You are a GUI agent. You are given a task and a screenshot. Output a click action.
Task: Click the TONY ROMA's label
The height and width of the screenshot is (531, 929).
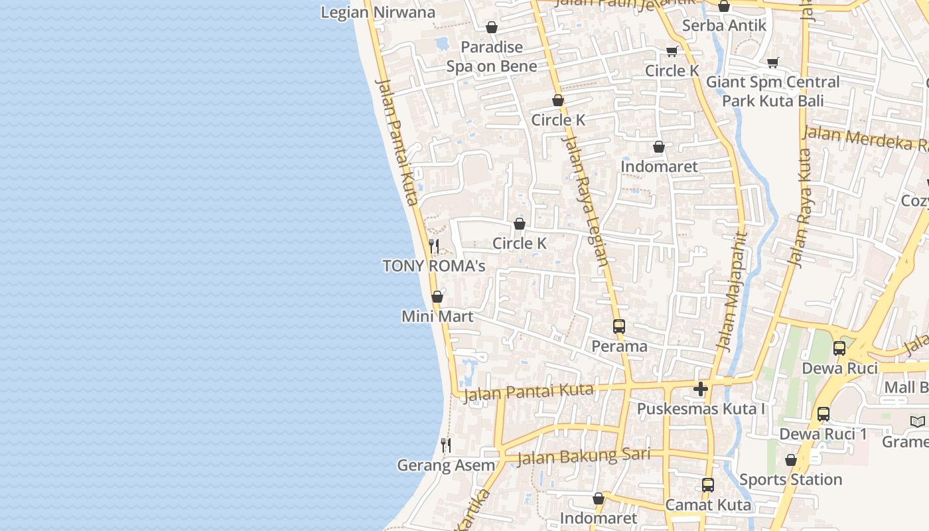(x=434, y=266)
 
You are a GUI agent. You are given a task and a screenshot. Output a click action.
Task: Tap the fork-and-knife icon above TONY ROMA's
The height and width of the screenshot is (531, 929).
(x=434, y=246)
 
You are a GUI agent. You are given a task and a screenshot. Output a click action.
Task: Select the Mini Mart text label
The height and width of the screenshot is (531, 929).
(x=437, y=317)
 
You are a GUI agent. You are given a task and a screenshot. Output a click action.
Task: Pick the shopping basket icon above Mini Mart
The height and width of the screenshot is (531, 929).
(x=437, y=297)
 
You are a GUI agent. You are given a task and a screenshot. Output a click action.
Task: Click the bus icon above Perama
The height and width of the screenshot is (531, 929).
(x=619, y=326)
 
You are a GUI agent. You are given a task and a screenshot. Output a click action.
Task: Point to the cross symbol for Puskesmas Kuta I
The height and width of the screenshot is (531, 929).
(x=701, y=389)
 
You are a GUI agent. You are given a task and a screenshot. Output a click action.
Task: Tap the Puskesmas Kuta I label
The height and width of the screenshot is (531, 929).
(x=701, y=409)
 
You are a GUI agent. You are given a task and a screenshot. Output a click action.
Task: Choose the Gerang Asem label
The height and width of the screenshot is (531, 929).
(x=446, y=465)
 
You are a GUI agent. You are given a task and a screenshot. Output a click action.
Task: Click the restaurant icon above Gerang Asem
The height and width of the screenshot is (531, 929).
(x=446, y=445)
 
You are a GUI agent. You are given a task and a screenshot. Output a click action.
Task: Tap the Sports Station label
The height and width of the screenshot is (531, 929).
(x=790, y=479)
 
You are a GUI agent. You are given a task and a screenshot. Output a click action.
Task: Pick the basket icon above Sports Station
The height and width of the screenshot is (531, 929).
(x=790, y=460)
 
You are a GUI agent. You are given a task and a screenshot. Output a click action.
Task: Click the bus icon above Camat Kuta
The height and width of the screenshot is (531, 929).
(x=708, y=485)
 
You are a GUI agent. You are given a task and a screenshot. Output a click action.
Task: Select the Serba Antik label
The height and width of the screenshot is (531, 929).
(x=724, y=26)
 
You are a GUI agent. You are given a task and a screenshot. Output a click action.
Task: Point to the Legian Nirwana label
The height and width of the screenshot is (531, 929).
(x=378, y=13)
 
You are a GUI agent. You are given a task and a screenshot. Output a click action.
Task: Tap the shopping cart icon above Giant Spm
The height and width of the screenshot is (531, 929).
(x=772, y=62)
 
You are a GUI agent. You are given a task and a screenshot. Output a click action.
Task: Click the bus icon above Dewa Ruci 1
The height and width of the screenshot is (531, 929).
(x=823, y=414)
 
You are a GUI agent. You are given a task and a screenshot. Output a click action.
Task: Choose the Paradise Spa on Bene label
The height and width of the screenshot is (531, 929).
(x=492, y=56)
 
